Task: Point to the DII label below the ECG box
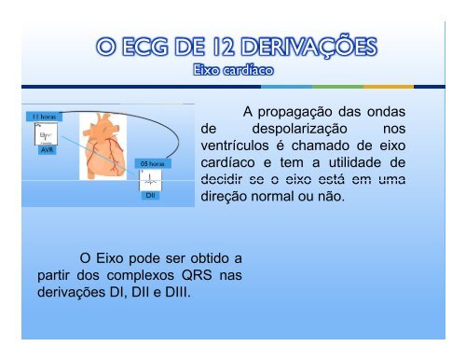pyautogui.click(x=150, y=197)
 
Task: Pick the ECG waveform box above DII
pyautogui.click(x=150, y=180)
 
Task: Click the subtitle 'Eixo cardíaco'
pyautogui.click(x=233, y=68)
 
